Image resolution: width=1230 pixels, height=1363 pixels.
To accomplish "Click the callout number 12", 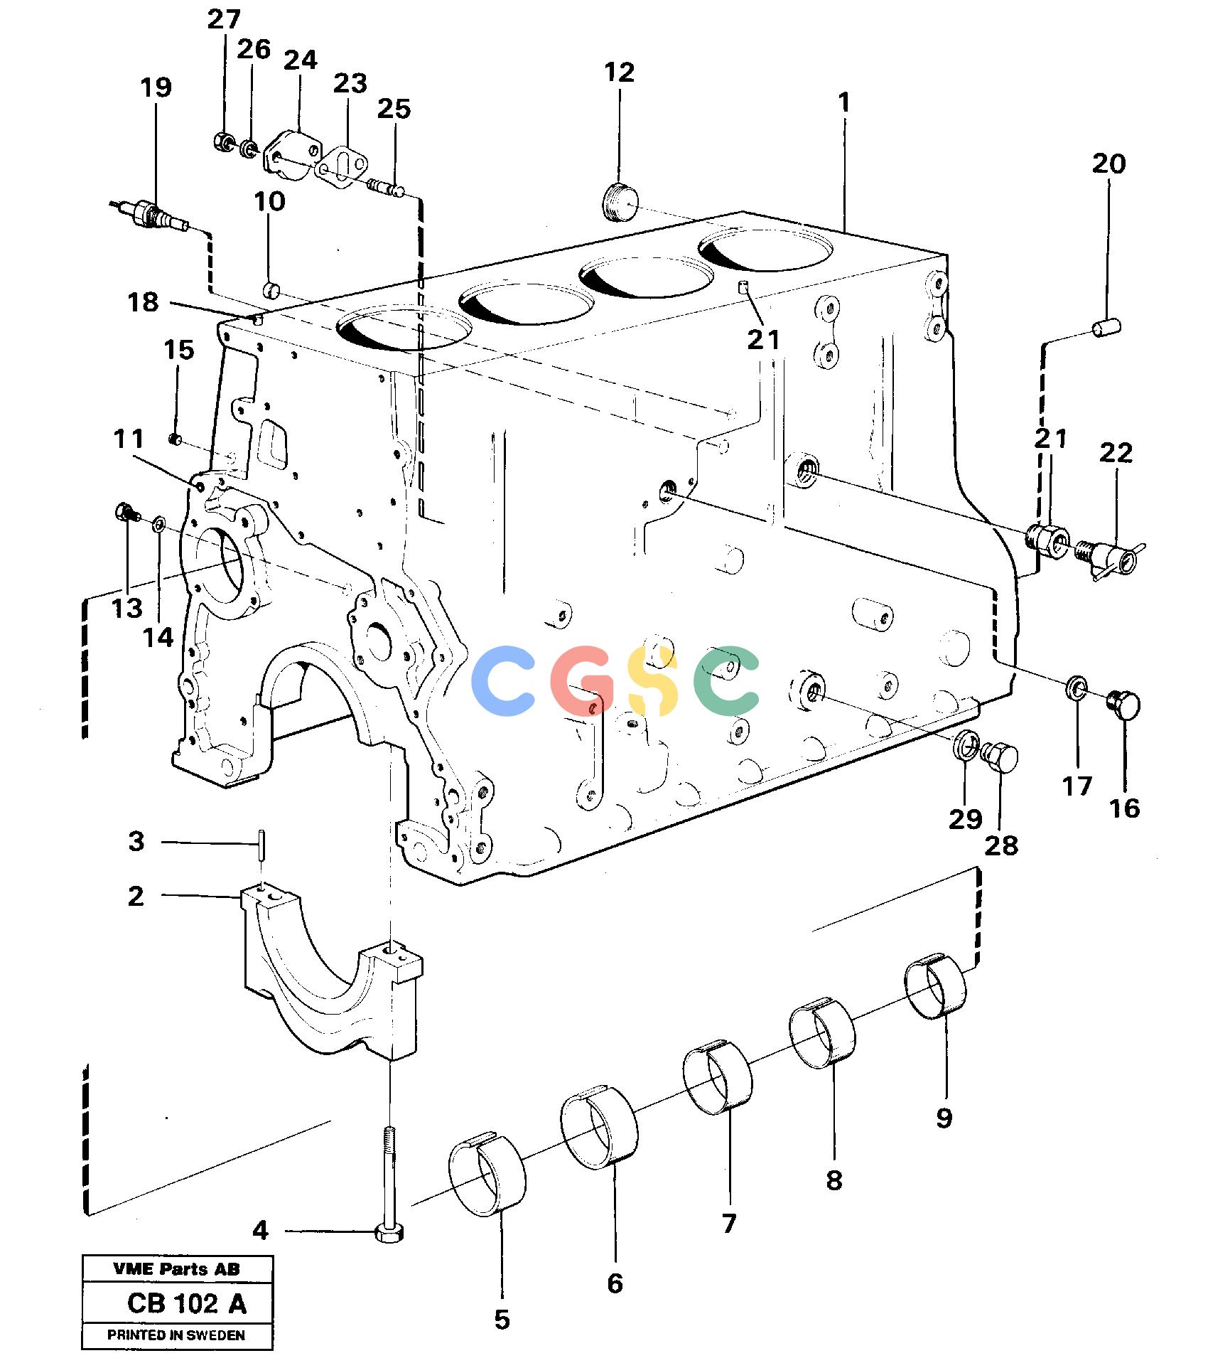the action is click(619, 73).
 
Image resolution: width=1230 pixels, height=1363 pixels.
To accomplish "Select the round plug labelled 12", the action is click(620, 201).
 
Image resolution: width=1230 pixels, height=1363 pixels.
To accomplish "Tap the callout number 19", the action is click(156, 87).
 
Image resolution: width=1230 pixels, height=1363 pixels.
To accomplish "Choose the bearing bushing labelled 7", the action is click(718, 1077).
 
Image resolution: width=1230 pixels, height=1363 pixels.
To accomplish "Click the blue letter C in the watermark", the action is click(503, 680).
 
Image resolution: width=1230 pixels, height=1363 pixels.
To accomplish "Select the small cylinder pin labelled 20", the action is click(1106, 328).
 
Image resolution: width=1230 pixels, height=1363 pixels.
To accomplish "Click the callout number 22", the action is click(1116, 453).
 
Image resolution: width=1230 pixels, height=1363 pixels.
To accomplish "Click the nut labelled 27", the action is click(223, 141).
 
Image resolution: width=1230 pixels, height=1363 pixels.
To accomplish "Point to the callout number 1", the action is click(844, 103).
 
